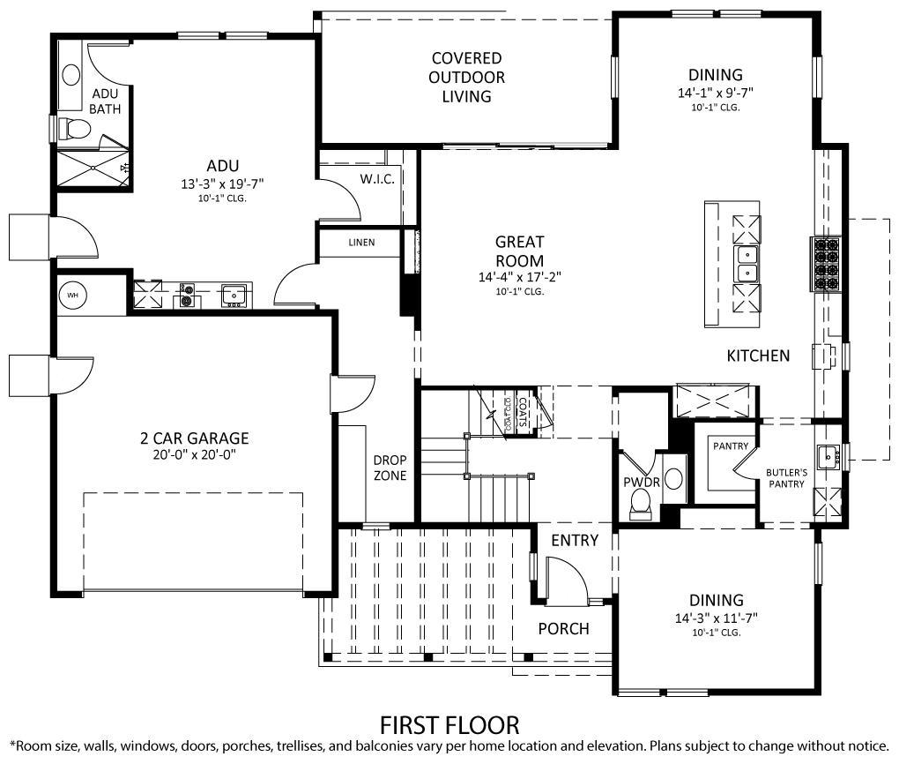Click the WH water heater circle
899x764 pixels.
click(x=73, y=295)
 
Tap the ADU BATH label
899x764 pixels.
click(x=105, y=101)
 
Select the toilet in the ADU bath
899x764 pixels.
click(x=78, y=130)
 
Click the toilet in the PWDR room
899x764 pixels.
click(x=641, y=503)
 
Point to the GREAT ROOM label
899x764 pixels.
click(x=519, y=251)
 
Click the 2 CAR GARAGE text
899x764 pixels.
click(x=194, y=438)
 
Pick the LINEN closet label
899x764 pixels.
click(x=360, y=243)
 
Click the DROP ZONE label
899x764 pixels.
click(x=390, y=468)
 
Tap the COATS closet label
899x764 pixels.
click(x=522, y=413)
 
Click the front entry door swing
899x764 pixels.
click(x=567, y=582)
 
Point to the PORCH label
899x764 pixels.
click(x=563, y=629)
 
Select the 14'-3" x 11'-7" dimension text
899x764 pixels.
click(x=716, y=618)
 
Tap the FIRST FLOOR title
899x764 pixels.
click(x=449, y=725)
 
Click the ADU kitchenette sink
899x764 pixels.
click(x=234, y=295)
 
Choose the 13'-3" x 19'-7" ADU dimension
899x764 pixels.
click(x=222, y=184)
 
